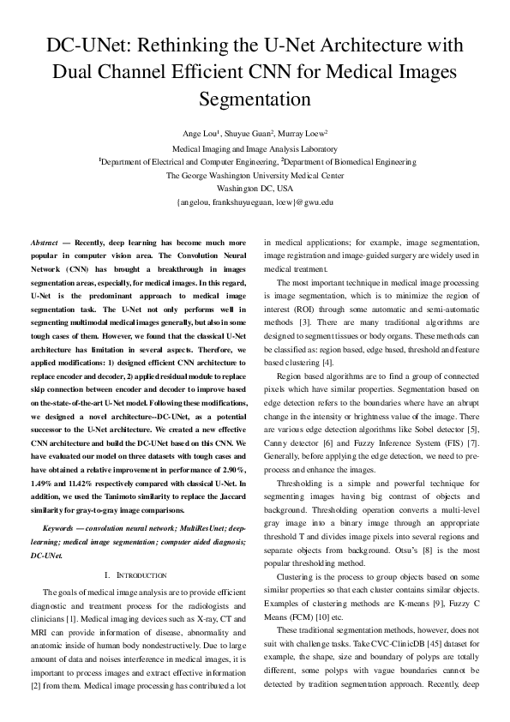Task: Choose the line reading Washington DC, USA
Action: tap(255, 188)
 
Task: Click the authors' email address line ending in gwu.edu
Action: tap(255, 202)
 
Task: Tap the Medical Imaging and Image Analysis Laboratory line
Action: tap(255, 148)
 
